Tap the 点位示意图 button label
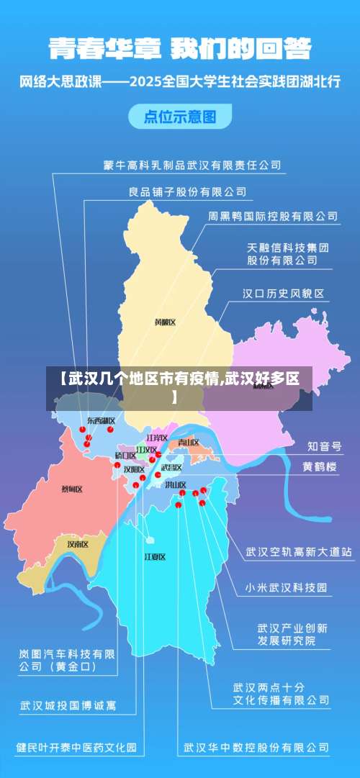(180, 116)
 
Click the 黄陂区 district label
(165, 322)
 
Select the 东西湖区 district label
(101, 420)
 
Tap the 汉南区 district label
(77, 544)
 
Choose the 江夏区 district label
(155, 556)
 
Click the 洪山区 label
(175, 485)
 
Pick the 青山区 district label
(189, 442)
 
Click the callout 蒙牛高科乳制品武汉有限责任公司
(192, 166)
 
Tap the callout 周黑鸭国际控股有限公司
(272, 215)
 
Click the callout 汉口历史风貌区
(283, 294)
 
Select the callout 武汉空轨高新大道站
(298, 552)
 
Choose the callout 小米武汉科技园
(286, 587)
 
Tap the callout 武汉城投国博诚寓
(68, 705)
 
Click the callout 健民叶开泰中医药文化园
(76, 748)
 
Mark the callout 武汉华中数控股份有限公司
(257, 748)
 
